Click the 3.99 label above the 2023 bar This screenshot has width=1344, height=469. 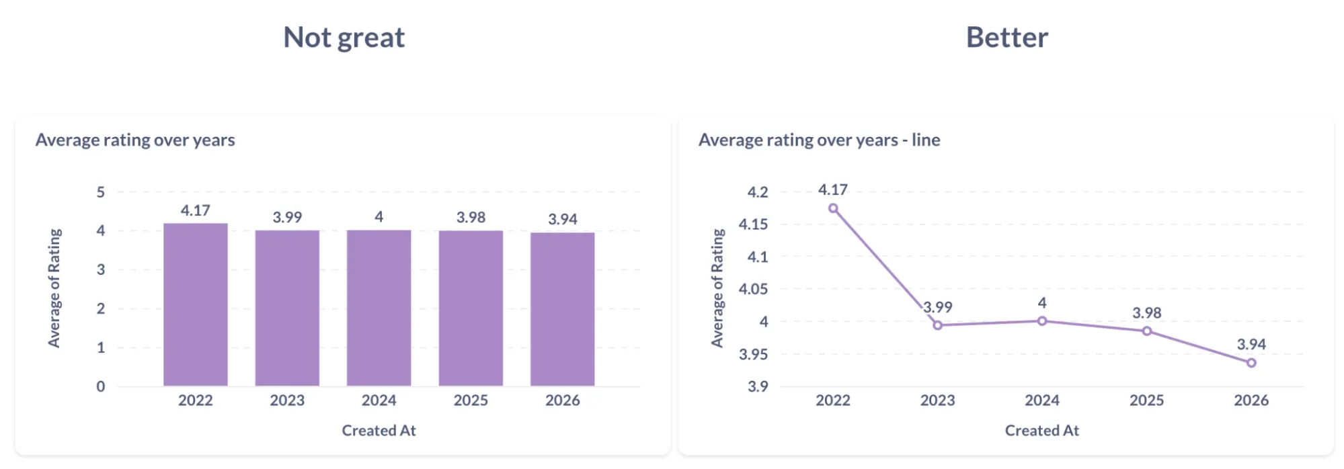point(287,218)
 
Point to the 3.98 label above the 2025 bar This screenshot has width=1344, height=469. point(471,218)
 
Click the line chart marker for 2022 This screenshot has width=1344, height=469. point(833,208)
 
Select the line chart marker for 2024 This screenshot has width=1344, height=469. point(1041,321)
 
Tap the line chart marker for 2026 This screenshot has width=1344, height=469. point(1251,363)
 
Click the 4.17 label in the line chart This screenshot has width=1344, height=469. point(832,190)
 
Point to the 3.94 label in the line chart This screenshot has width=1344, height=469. point(1251,345)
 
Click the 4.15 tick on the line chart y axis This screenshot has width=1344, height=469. point(753,224)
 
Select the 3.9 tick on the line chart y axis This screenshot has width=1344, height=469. point(757,387)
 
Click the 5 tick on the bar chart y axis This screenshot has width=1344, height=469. point(101,193)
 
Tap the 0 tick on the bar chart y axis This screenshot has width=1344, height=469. point(101,387)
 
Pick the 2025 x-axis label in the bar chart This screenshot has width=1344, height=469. point(471,400)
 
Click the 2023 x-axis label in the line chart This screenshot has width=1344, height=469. point(937,400)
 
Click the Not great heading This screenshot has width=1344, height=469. point(344,38)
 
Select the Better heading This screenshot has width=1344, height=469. point(1006,38)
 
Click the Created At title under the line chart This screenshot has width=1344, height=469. point(1041,431)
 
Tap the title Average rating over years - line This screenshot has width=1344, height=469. point(819,140)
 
